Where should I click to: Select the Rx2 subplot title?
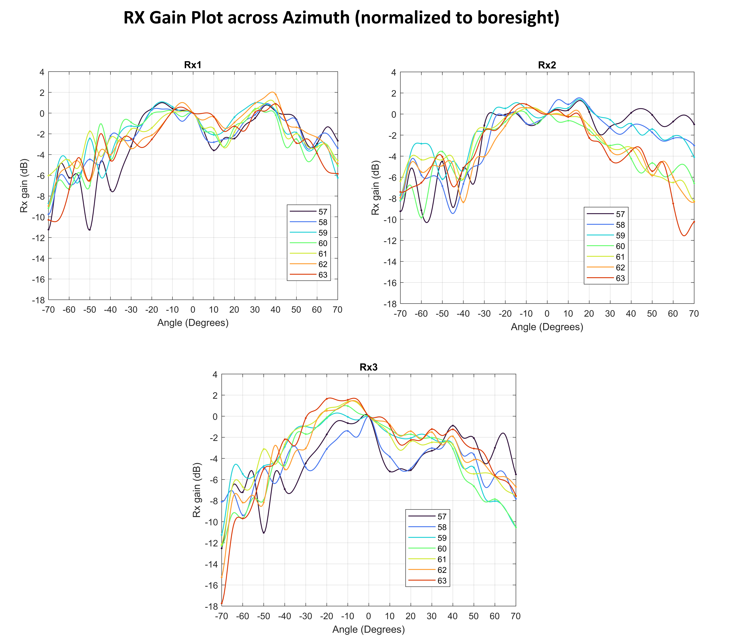(x=547, y=65)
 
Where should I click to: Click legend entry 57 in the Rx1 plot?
(x=322, y=212)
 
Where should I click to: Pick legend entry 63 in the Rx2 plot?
(x=620, y=278)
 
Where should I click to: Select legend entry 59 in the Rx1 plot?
(x=322, y=233)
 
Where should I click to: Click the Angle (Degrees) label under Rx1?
(x=193, y=323)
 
